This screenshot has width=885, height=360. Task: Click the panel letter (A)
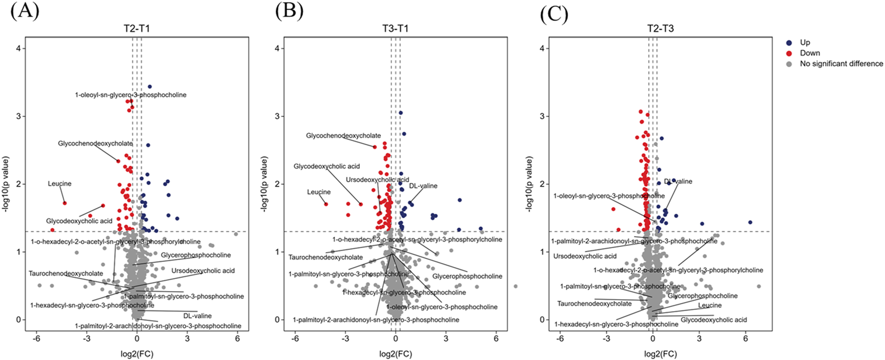24,11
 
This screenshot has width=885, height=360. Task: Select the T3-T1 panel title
396,28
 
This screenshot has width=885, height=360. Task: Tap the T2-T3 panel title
660,28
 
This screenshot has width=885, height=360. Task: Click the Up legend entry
805,42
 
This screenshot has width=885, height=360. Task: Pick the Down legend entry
810,53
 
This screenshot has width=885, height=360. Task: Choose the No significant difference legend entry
841,63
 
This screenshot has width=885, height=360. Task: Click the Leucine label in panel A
59,184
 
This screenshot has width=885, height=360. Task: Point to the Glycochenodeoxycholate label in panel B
343,136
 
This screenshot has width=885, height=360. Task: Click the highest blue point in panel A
149,86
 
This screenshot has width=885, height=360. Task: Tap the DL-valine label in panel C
678,181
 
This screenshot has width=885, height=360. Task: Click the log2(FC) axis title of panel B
396,354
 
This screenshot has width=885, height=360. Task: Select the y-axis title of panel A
6,184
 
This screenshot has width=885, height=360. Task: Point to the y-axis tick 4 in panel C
543,48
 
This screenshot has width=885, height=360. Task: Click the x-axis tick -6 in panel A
36,339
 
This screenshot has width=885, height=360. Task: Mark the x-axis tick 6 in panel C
746,339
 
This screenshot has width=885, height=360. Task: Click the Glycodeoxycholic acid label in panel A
79,221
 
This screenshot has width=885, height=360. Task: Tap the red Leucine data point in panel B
326,204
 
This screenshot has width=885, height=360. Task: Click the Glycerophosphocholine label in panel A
196,255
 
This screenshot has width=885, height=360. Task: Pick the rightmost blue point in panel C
750,222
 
